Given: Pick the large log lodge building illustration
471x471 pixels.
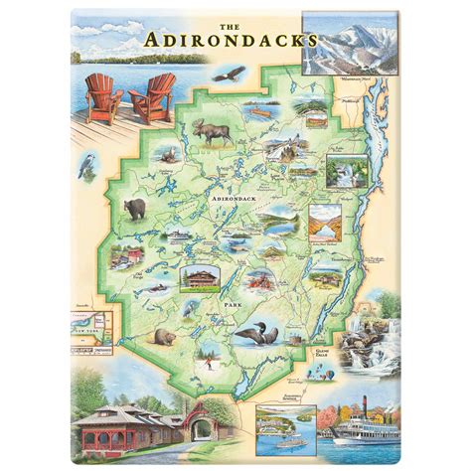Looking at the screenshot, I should (x=200, y=273).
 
